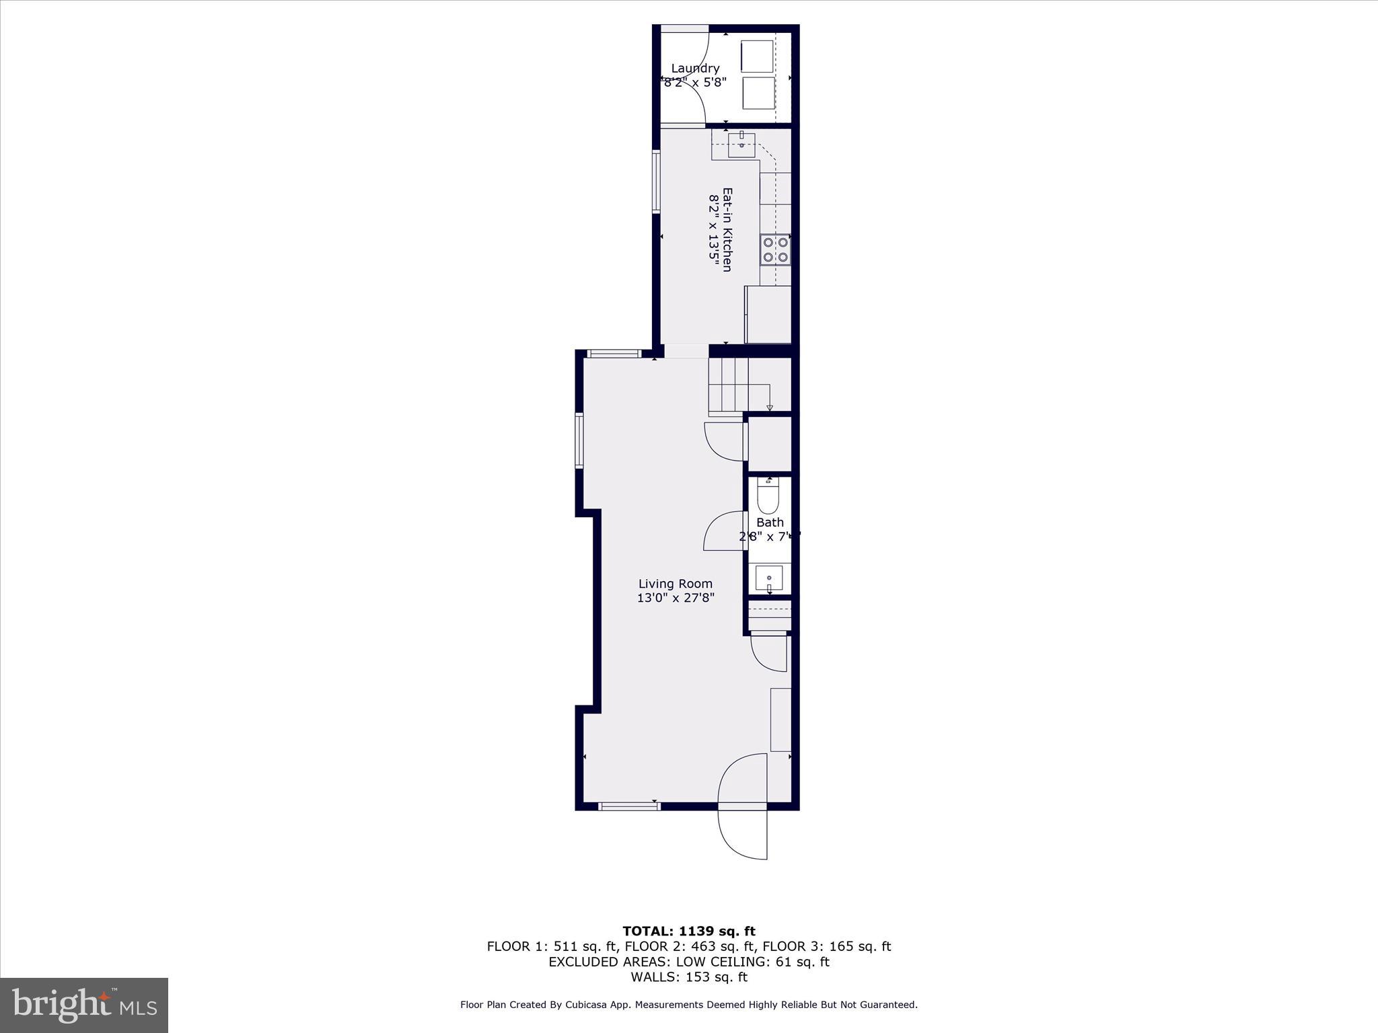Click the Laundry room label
click(x=695, y=69)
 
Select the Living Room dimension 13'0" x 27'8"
click(x=675, y=597)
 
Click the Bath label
click(x=770, y=522)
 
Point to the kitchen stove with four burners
click(x=775, y=250)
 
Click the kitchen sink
click(x=741, y=145)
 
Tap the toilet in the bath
click(x=768, y=496)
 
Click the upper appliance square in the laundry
click(x=757, y=56)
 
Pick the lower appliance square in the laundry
click(x=758, y=93)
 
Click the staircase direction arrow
click(x=770, y=408)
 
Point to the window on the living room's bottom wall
click(x=628, y=806)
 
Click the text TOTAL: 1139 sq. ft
click(x=688, y=931)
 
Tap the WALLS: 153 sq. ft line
click(x=688, y=977)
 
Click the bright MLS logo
click(x=84, y=1005)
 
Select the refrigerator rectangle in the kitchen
click(x=768, y=314)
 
